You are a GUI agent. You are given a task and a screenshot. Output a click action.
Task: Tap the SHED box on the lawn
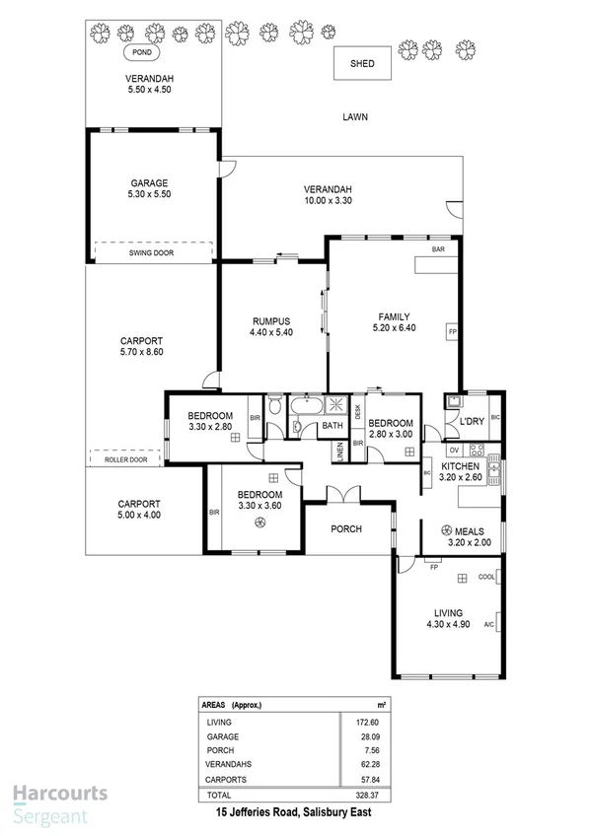pyautogui.click(x=362, y=63)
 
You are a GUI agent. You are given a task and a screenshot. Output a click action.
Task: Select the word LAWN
pyautogui.click(x=354, y=116)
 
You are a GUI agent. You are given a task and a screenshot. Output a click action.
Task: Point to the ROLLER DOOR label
pyautogui.click(x=125, y=459)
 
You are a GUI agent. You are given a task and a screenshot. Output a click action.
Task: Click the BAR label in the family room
pyautogui.click(x=437, y=251)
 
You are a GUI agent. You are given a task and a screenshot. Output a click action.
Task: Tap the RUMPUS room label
pyautogui.click(x=269, y=320)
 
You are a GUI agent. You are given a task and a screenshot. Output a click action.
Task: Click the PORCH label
pyautogui.click(x=345, y=529)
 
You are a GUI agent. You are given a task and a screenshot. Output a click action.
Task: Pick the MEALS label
pyautogui.click(x=468, y=530)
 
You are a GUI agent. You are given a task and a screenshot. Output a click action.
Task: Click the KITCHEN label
pyautogui.click(x=460, y=466)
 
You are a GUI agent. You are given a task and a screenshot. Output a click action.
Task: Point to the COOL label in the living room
pyautogui.click(x=485, y=578)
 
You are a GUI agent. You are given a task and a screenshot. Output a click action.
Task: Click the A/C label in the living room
pyautogui.click(x=487, y=625)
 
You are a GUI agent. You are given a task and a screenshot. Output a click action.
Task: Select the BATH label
pyautogui.click(x=332, y=426)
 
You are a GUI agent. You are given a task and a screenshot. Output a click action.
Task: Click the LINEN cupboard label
pyautogui.click(x=340, y=451)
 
